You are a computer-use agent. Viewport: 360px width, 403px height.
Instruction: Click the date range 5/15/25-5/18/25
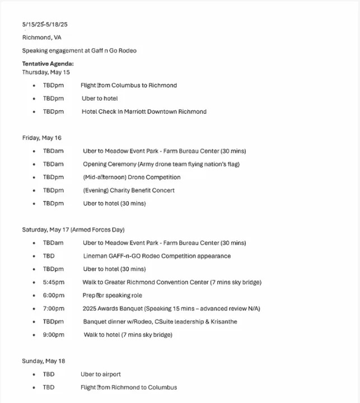[x=45, y=25]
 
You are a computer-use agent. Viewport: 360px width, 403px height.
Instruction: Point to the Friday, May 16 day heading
[x=42, y=138]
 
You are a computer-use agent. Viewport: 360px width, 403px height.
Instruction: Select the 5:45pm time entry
[x=54, y=282]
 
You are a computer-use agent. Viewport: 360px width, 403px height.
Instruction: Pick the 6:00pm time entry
[x=54, y=296]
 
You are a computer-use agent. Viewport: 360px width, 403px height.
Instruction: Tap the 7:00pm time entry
[x=54, y=308]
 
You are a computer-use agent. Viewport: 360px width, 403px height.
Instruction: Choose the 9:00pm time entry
[x=54, y=335]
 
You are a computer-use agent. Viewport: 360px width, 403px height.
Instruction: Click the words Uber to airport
[x=101, y=374]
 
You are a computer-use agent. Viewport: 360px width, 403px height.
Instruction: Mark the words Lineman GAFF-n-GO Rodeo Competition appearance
[x=157, y=256]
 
